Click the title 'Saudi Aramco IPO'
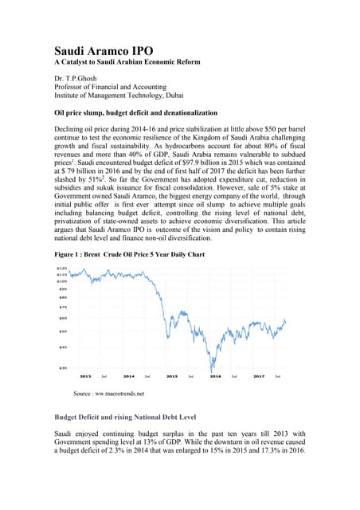pos(104,50)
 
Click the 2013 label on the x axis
pos(84,375)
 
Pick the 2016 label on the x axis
pos(214,375)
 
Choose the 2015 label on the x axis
pos(171,375)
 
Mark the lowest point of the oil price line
pos(213,371)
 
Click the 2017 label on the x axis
pos(258,375)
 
